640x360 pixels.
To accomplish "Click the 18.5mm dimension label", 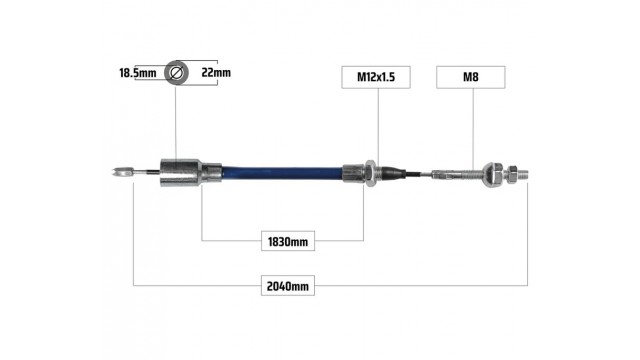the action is click(138, 73).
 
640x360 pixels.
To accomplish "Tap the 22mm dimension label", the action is click(216, 73).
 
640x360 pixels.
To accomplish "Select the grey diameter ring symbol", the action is click(176, 73).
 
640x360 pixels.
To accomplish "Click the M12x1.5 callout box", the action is click(376, 77).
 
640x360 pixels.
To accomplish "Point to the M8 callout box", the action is click(471, 77).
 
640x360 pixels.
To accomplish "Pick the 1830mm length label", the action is click(288, 241).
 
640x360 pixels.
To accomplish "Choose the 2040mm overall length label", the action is click(288, 286).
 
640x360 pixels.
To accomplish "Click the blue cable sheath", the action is click(282, 173).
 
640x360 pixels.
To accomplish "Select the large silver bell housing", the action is click(180, 173).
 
